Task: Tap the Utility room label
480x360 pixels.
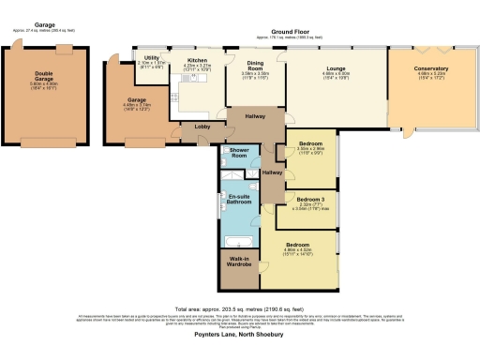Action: [x=149, y=57]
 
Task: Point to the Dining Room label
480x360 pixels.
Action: [x=255, y=62]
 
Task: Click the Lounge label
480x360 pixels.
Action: [x=337, y=68]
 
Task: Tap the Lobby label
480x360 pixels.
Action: [x=202, y=125]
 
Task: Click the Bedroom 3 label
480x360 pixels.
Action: [x=308, y=199]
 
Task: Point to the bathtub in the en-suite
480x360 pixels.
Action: [x=235, y=241]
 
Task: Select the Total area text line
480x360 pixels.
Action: [x=240, y=307]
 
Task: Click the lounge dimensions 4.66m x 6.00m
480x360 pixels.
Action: [x=337, y=74]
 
